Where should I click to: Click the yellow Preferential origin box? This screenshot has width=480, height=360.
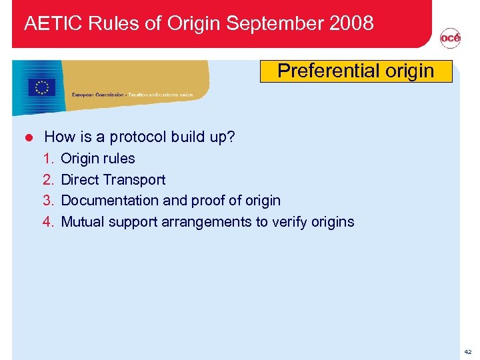click(355, 71)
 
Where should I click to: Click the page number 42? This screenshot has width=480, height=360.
click(468, 351)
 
